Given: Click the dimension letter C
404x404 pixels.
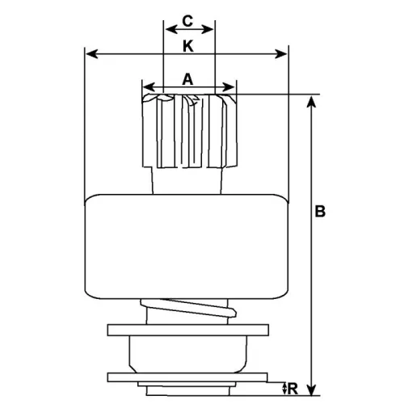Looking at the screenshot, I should tap(187, 19).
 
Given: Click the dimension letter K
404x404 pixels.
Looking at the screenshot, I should tap(187, 46).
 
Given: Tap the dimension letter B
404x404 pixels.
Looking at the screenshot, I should tap(320, 213).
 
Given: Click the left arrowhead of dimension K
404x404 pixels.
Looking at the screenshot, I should tap(90, 55).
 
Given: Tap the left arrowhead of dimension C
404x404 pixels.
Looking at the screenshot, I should tap(168, 27).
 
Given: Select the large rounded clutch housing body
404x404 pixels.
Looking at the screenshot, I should tap(187, 246).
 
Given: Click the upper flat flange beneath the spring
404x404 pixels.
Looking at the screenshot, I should tap(187, 330).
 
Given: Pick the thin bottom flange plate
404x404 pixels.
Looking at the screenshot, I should tap(187, 377).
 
